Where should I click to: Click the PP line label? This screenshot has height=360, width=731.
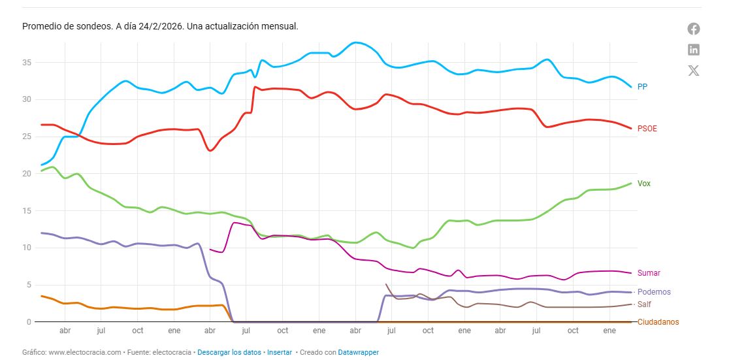coord(642,86)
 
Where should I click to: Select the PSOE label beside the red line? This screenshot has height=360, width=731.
coord(647,129)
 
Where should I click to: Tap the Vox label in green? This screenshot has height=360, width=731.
coord(643,184)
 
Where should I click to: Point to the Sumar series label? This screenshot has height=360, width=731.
coord(649,273)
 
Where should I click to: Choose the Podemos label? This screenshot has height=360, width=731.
coord(653,292)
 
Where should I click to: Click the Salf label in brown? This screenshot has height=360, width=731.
coord(644,304)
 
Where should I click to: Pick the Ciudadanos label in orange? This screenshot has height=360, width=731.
coord(658,322)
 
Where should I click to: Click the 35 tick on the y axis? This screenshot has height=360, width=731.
coord(27,63)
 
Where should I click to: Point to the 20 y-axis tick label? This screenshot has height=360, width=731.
coord(27,174)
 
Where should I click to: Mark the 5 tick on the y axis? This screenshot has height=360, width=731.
coord(29,285)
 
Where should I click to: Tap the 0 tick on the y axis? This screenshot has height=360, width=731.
coord(29,322)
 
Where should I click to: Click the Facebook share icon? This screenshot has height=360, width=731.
coord(694,29)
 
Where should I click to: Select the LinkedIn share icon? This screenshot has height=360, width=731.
coord(694,50)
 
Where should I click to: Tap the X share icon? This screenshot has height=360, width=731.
coord(694,71)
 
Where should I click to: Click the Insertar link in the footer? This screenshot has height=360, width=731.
coord(280,352)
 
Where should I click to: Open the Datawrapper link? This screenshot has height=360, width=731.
coord(358,352)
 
